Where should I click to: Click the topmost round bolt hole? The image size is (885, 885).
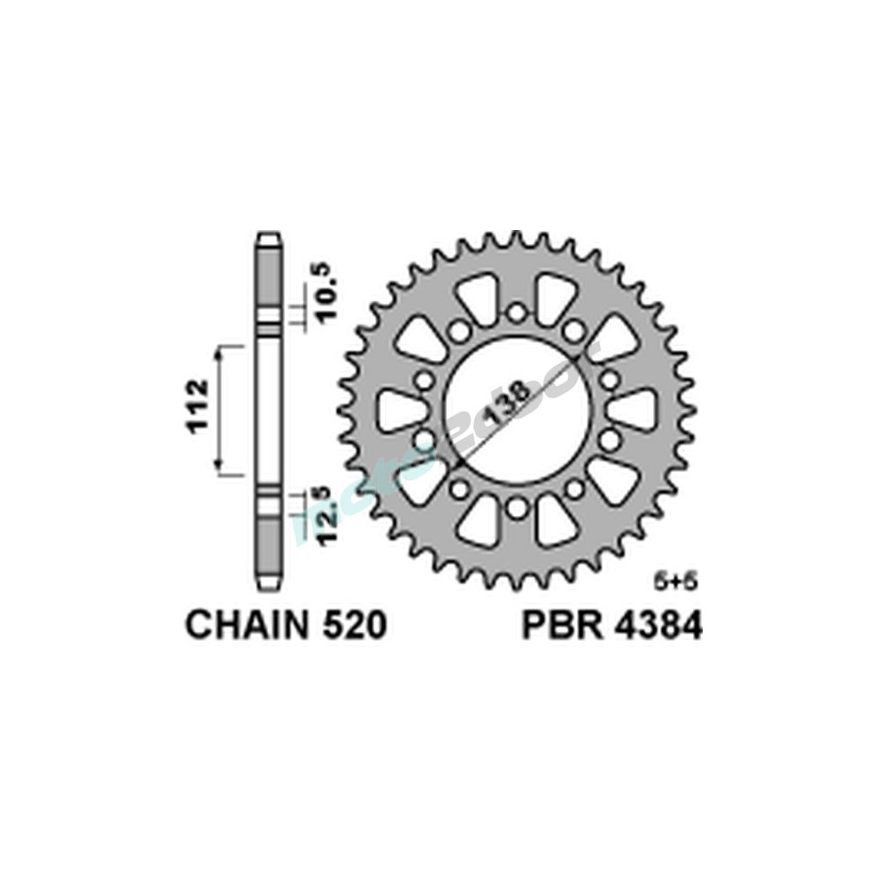coord(517,312)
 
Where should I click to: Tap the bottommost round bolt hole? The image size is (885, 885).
coord(517,507)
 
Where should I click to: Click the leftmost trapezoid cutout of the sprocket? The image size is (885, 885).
coord(400,410)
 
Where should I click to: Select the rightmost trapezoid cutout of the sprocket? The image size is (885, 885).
coord(634,410)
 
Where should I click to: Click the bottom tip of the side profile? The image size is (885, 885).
coord(269,584)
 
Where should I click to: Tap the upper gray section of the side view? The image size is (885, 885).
coord(269,279)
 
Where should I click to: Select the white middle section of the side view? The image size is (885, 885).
coord(269,409)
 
